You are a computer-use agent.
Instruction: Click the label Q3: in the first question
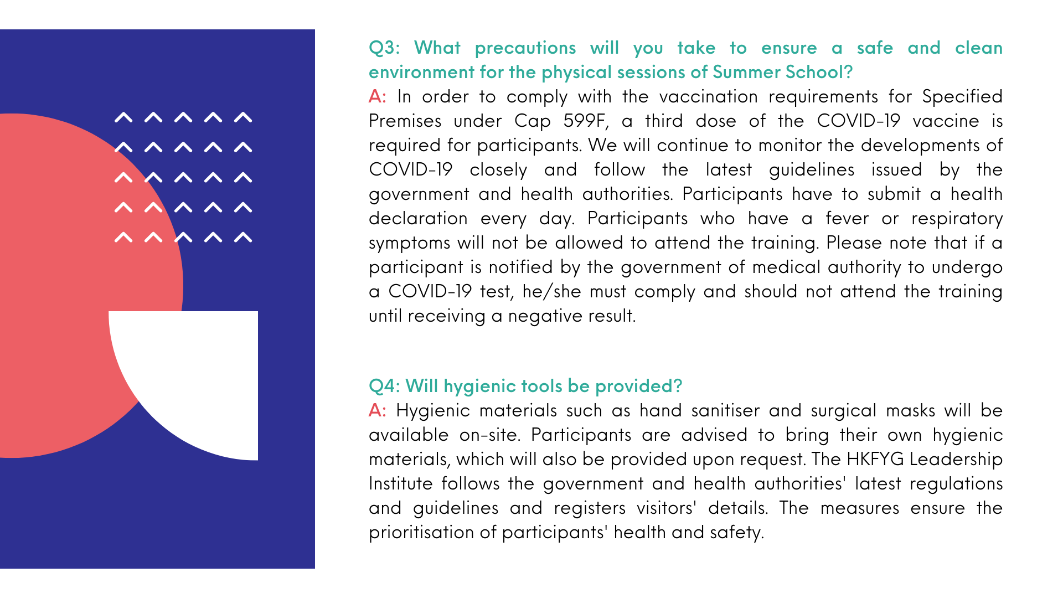pyautogui.click(x=384, y=48)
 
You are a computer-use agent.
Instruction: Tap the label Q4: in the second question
pyautogui.click(x=384, y=386)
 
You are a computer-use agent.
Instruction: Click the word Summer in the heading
pyautogui.click(x=746, y=73)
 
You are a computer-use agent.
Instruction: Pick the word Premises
pyautogui.click(x=405, y=121)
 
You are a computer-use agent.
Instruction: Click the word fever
pyautogui.click(x=847, y=219)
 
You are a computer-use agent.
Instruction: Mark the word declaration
pyautogui.click(x=418, y=219)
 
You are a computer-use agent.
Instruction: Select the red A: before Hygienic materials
pyautogui.click(x=377, y=411)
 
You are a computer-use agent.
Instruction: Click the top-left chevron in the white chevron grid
pyautogui.click(x=123, y=117)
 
